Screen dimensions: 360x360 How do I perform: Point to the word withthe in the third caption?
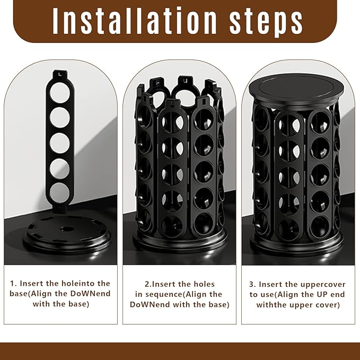point(270,304)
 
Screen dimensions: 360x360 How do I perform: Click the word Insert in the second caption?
point(155,284)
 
